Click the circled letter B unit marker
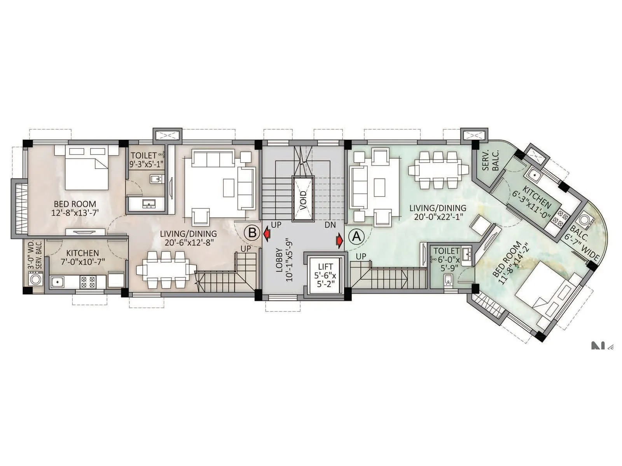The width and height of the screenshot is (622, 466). [x=252, y=233]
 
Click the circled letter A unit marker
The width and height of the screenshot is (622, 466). [x=356, y=236]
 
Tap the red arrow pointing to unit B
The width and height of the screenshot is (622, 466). [x=267, y=234]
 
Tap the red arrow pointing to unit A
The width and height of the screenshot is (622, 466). [x=339, y=240]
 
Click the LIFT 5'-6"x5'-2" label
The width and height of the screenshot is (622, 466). [x=325, y=275]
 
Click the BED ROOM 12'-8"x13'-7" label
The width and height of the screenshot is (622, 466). [x=75, y=208]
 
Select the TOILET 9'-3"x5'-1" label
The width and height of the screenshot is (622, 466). [x=146, y=160]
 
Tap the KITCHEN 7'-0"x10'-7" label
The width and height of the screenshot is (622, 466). [x=82, y=257]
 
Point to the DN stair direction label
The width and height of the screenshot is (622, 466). [x=330, y=225]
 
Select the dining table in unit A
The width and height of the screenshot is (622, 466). [x=438, y=170]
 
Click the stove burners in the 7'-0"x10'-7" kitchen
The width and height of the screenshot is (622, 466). [x=88, y=282]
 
